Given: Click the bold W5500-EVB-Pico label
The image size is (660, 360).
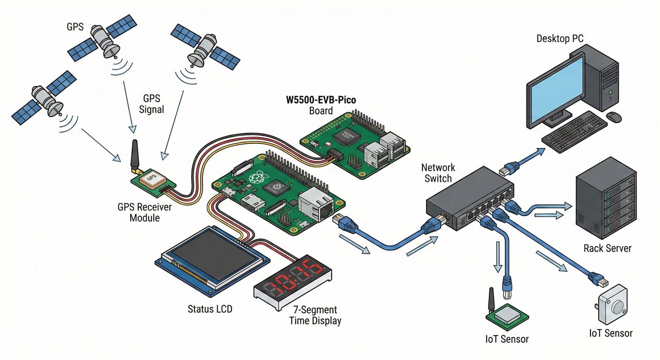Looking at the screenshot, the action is click(321, 100).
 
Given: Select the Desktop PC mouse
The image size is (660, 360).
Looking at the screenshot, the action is click(614, 117).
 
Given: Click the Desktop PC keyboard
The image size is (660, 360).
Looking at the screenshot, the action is click(574, 132).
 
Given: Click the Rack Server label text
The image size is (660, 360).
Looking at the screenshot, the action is click(607, 249).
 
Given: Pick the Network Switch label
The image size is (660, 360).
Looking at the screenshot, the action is click(438, 173).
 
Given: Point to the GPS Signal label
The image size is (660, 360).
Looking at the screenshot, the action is click(152, 104).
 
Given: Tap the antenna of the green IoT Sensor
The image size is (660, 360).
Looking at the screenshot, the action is click(491, 301).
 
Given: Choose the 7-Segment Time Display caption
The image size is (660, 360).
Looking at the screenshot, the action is click(315, 315).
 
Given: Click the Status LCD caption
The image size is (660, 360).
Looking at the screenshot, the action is click(210, 309).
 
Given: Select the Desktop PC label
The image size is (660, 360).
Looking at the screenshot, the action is click(560, 39).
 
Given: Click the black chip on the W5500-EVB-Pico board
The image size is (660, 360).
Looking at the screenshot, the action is click(347, 136).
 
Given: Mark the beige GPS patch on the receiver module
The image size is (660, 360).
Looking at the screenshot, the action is click(151, 178).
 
